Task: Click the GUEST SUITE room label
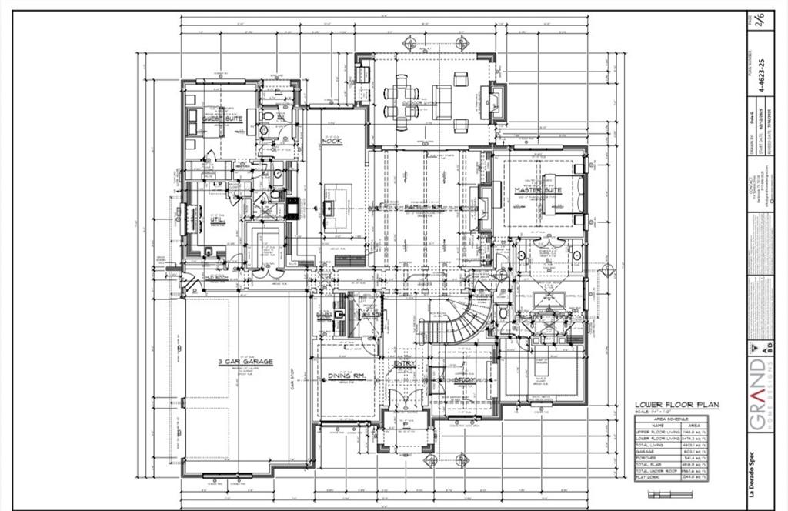click(222, 119)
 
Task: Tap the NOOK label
click(332, 141)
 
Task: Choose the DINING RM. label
click(346, 376)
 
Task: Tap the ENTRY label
click(405, 364)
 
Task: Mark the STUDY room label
click(462, 379)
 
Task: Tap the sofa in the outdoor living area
click(441, 102)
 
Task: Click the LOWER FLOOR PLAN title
click(666, 405)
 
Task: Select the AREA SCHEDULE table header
click(666, 419)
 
